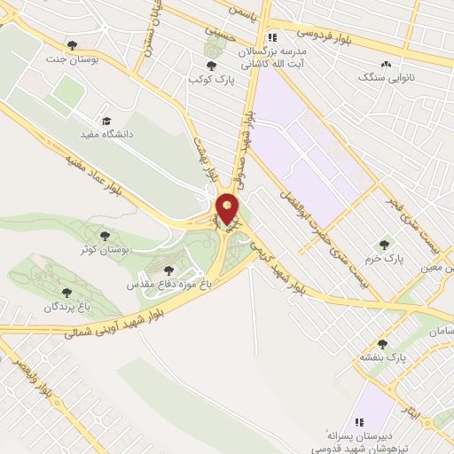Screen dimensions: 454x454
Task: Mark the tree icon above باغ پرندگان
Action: [x=65, y=291]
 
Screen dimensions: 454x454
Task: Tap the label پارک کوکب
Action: [x=209, y=80]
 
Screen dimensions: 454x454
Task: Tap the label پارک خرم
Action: [x=384, y=259]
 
